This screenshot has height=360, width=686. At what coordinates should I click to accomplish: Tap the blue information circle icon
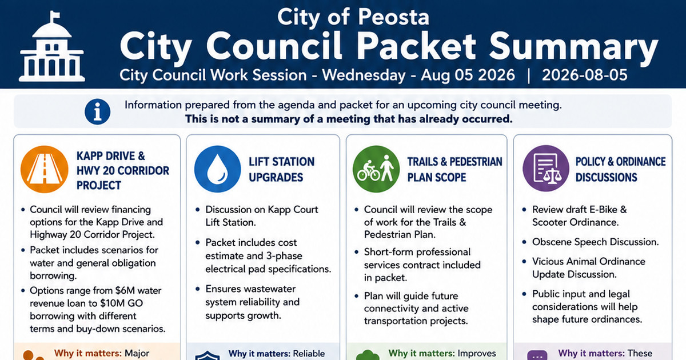point(97,112)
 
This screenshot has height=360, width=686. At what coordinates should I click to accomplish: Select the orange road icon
point(45,169)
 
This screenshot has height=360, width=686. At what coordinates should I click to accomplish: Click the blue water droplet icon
point(218,169)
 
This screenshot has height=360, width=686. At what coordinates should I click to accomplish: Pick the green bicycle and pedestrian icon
point(376,169)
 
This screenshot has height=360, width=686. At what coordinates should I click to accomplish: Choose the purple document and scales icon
point(546,169)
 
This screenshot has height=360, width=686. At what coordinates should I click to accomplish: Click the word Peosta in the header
point(393,17)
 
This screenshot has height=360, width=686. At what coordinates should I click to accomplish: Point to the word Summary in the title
point(573,46)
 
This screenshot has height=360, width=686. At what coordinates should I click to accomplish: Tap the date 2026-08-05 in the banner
point(585,75)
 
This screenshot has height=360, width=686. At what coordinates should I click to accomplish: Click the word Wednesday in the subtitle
point(364,75)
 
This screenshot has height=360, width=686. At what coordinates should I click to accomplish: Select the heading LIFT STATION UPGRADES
point(281,169)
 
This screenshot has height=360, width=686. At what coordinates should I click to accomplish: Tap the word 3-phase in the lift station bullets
point(284,255)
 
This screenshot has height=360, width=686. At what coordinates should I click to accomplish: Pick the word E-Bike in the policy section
point(600,209)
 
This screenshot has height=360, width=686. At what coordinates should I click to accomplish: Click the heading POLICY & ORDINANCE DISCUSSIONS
point(620,169)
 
